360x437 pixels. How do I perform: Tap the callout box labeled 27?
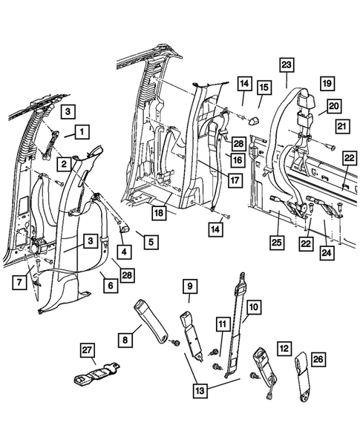point(88,350)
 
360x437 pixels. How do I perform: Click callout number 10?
point(253,306)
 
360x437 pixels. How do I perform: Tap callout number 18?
point(159,213)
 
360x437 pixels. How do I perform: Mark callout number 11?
point(220,323)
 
